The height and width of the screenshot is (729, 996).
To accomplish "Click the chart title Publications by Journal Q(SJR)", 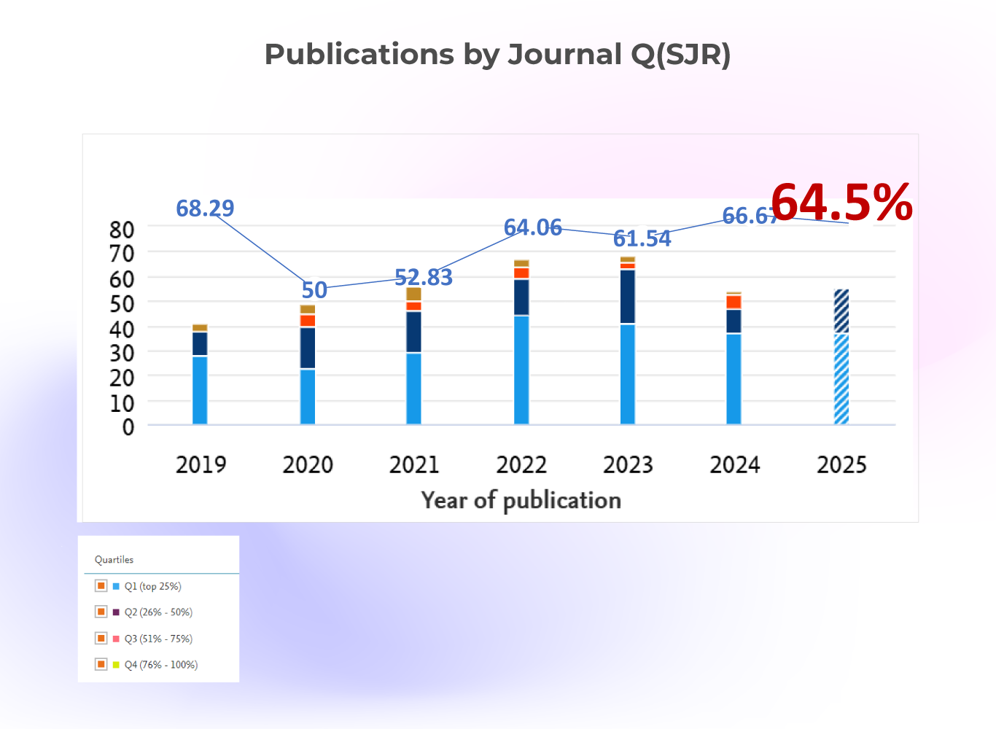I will point(497,55).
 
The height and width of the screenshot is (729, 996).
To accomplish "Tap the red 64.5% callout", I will point(841,202).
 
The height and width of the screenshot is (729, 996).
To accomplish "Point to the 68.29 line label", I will point(205,208).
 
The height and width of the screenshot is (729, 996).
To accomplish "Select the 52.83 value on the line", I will point(424,278).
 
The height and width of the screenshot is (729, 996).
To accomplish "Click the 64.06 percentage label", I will point(533,227).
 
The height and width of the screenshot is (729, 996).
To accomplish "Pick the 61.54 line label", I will point(642,238).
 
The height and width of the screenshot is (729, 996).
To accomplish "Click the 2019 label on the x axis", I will point(201,464).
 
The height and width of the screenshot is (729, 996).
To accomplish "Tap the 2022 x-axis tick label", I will point(521,464).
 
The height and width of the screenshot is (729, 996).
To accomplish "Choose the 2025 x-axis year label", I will point(841,464).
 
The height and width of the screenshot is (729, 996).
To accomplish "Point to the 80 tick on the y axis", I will point(122,230).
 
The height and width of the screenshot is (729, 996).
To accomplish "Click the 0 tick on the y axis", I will point(128,427).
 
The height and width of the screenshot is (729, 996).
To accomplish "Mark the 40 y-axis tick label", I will point(122,329).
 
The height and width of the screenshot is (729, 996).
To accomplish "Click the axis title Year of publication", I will point(521,500).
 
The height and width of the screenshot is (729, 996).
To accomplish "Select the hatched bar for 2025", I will point(841,357).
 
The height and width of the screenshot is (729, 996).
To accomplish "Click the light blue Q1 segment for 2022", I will point(521,370).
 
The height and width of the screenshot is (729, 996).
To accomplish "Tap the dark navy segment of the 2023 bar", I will point(628,297).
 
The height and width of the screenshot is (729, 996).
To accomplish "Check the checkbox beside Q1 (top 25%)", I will point(101,585).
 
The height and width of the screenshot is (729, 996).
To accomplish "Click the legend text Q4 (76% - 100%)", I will point(161,665).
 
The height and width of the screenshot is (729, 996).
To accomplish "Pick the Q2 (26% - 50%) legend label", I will point(158,612).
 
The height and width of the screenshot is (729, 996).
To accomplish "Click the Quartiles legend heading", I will point(114,560).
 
